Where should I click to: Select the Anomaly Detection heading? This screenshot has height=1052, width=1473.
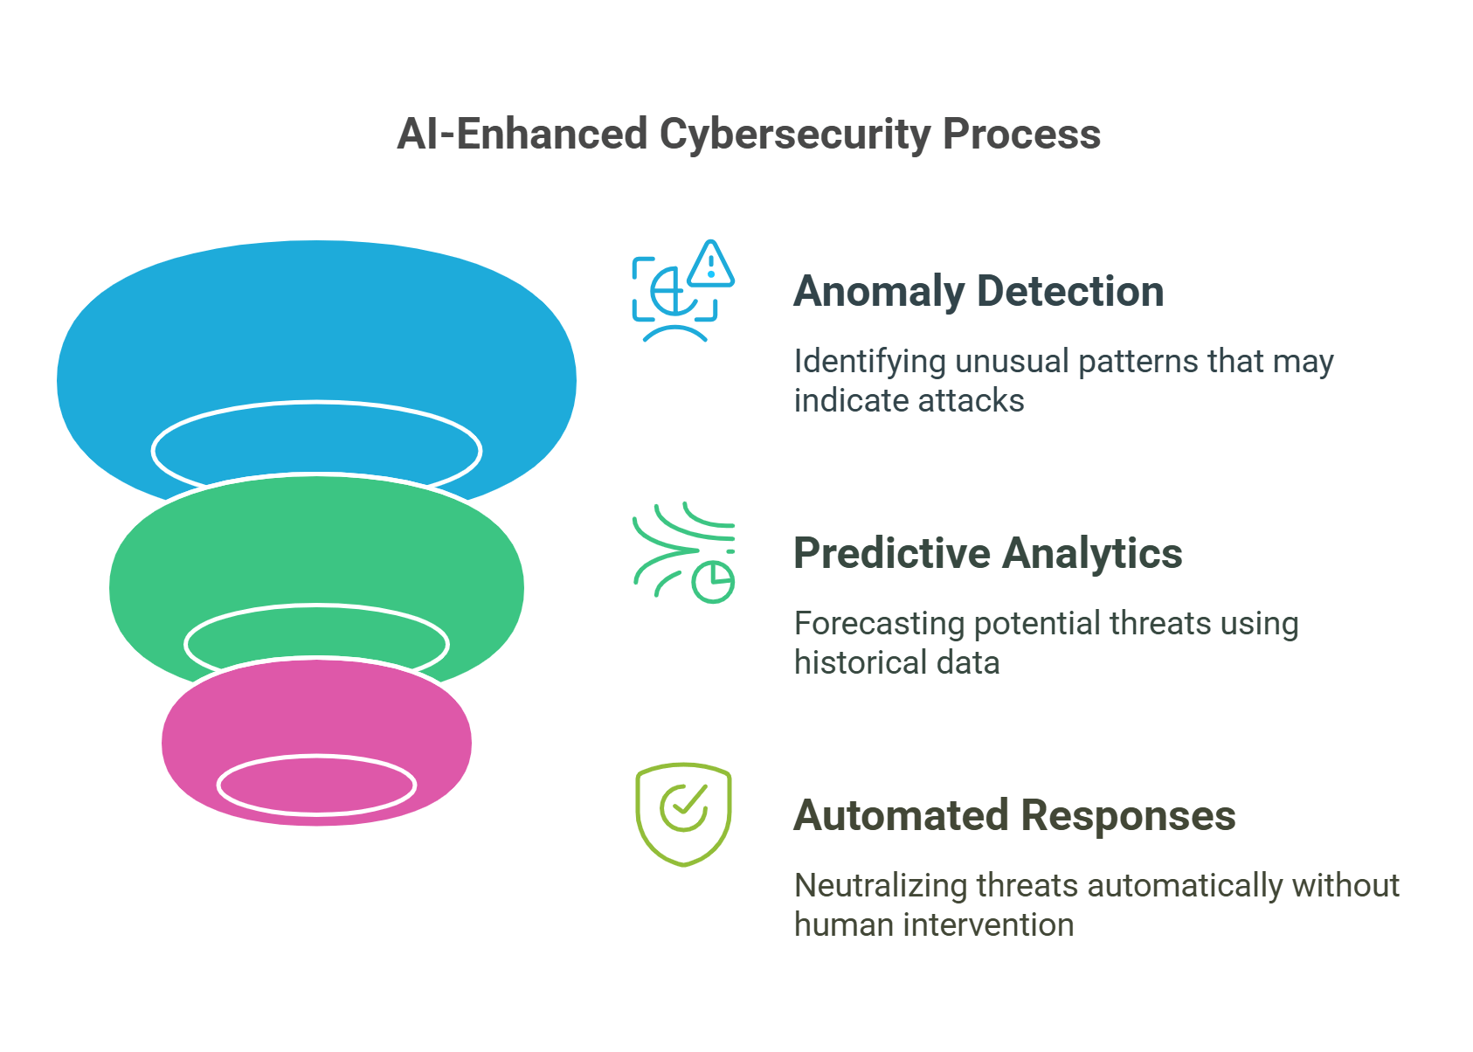click(x=979, y=292)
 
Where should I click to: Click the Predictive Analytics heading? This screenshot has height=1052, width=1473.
click(x=987, y=554)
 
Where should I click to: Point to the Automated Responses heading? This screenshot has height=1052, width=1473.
click(x=1013, y=816)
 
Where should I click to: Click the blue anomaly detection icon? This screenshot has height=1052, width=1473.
click(x=682, y=291)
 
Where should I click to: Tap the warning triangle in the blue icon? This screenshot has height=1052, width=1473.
click(x=711, y=265)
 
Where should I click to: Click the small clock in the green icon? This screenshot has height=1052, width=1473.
click(x=713, y=582)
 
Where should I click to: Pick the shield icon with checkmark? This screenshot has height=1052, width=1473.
click(x=683, y=814)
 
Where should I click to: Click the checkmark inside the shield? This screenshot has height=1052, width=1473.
click(x=684, y=806)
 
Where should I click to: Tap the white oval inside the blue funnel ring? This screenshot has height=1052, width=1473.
click(x=316, y=449)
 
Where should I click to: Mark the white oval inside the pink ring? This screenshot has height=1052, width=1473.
click(x=316, y=785)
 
